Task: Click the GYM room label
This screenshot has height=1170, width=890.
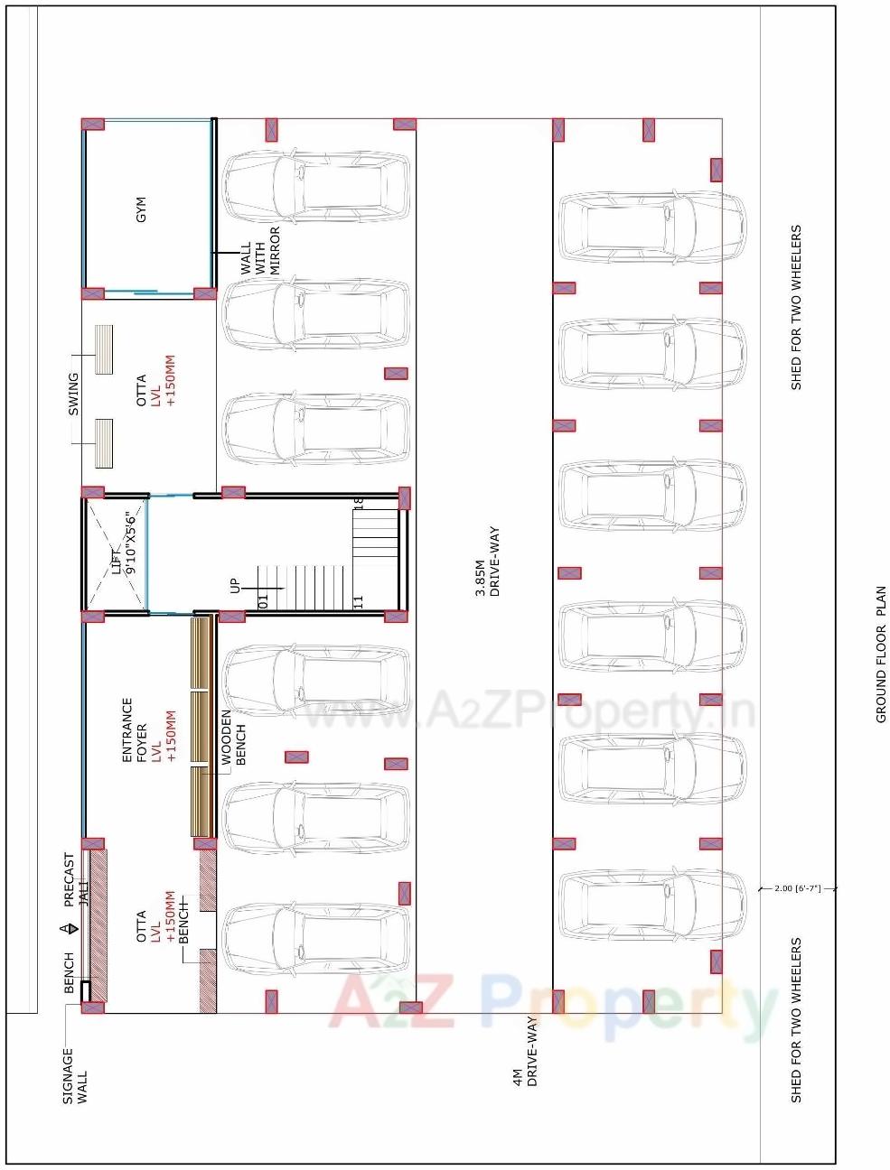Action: pyautogui.click(x=140, y=209)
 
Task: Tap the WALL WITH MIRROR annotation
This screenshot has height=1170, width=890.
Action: pyautogui.click(x=259, y=250)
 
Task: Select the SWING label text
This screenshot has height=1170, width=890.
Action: pyautogui.click(x=74, y=395)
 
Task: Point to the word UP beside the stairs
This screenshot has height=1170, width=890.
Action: pyautogui.click(x=236, y=586)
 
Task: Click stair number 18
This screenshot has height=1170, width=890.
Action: pyautogui.click(x=358, y=502)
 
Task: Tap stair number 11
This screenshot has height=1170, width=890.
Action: pyautogui.click(x=358, y=600)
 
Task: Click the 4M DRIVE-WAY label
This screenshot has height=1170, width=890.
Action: pyautogui.click(x=524, y=1052)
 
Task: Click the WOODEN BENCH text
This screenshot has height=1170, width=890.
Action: pyautogui.click(x=233, y=738)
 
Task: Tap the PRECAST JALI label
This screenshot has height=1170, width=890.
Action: pyautogui.click(x=76, y=880)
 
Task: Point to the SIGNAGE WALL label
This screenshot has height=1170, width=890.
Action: pyautogui.click(x=75, y=1075)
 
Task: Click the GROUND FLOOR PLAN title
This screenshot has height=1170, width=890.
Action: pyautogui.click(x=881, y=654)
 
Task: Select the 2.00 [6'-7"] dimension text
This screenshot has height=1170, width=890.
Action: pyautogui.click(x=797, y=888)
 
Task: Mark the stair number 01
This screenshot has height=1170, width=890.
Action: pyautogui.click(x=264, y=599)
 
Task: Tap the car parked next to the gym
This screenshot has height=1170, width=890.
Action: pyautogui.click(x=315, y=186)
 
